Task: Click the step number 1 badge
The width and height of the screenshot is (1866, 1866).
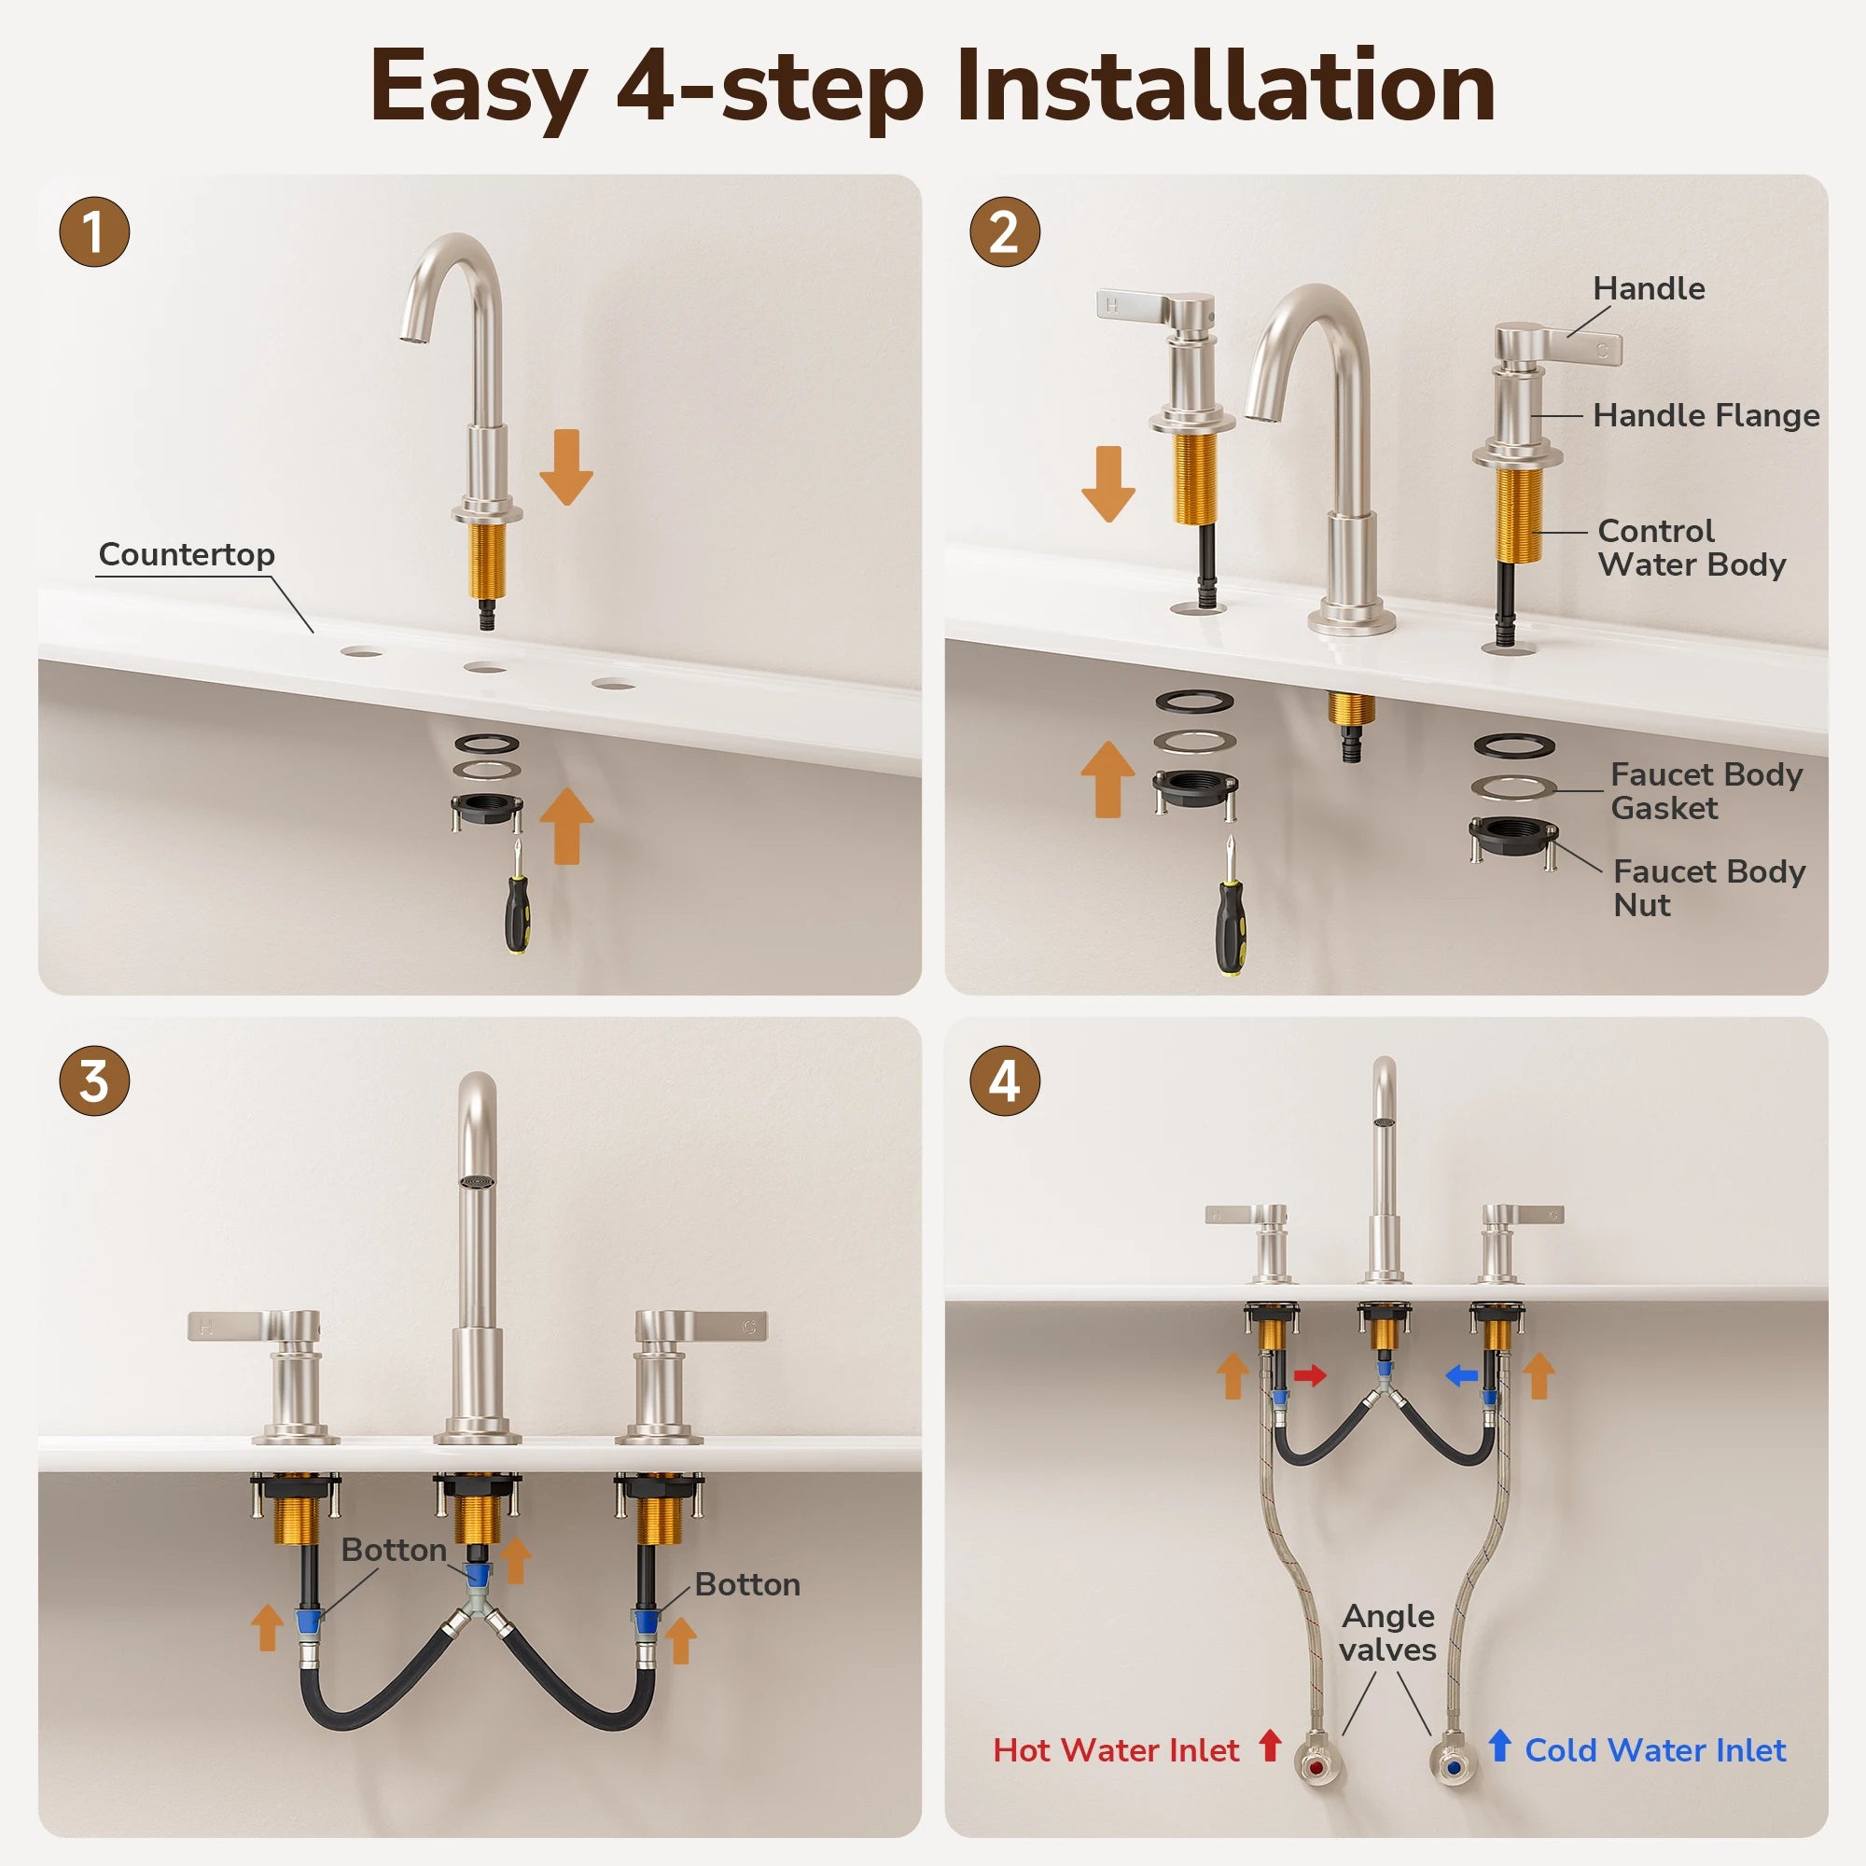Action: [x=94, y=231]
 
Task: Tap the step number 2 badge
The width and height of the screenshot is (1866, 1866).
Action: [x=1005, y=231]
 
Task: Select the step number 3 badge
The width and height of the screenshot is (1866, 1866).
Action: [x=94, y=1080]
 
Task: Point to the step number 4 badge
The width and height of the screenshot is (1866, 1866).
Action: [x=1005, y=1080]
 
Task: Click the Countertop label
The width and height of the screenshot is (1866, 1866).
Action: [x=187, y=554]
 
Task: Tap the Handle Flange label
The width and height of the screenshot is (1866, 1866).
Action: [x=1706, y=415]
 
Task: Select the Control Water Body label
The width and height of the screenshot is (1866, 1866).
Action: [x=1692, y=548]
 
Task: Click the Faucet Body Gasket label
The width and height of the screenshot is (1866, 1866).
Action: [x=1706, y=791]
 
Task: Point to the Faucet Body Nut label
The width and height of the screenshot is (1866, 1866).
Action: [x=1708, y=888]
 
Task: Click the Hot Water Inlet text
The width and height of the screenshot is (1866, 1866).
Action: [x=1116, y=1750]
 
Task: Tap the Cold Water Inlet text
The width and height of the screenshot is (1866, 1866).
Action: [x=1655, y=1750]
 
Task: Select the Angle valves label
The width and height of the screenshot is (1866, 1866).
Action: [x=1388, y=1634]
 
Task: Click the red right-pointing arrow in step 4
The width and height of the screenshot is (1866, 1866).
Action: [x=1310, y=1375]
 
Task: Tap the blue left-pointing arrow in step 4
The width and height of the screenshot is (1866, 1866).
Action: [x=1461, y=1375]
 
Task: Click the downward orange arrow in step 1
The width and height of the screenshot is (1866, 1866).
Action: [x=566, y=467]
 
